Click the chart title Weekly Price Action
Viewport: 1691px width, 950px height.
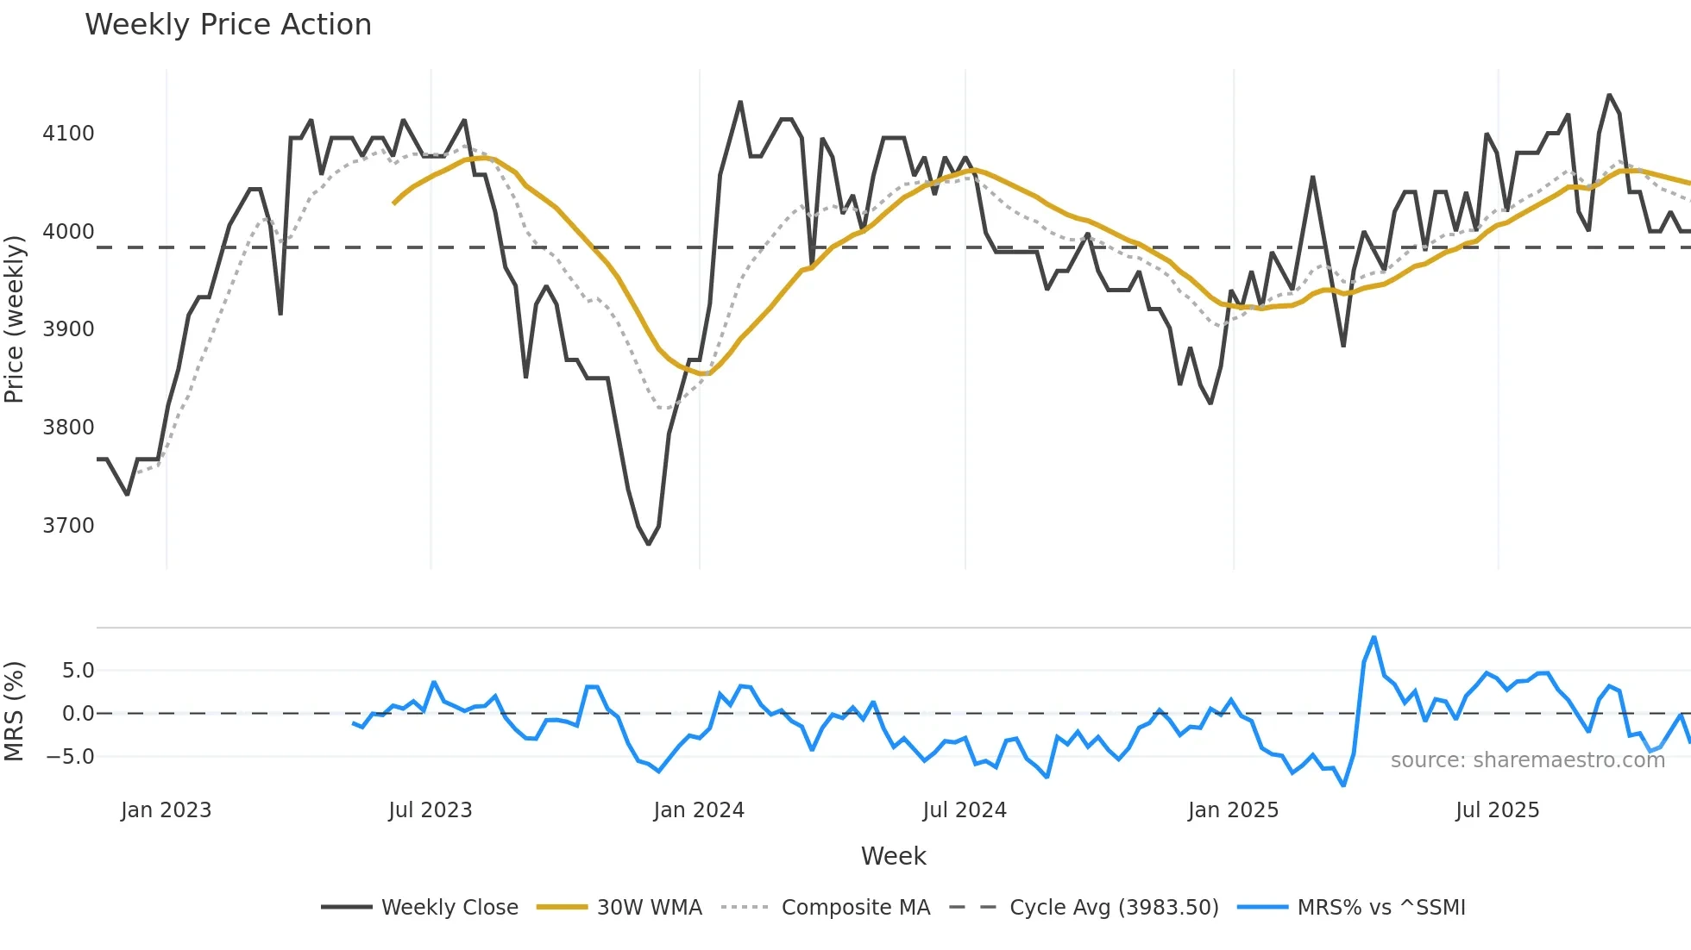(x=228, y=25)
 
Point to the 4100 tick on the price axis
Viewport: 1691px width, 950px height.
(x=68, y=134)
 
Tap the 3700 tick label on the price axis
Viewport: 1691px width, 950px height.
(x=68, y=526)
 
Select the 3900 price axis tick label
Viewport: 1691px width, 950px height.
(x=68, y=329)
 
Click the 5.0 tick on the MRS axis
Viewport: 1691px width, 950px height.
(x=78, y=671)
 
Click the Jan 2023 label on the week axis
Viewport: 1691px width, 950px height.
(x=166, y=810)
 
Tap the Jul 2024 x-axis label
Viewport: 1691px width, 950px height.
(x=964, y=810)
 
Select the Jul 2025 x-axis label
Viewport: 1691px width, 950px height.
(x=1497, y=810)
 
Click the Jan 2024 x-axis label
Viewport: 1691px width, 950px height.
(x=698, y=810)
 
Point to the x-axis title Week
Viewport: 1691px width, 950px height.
(x=893, y=856)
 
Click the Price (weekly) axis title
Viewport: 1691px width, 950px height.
(x=14, y=319)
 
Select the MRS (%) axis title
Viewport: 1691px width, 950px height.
(x=14, y=711)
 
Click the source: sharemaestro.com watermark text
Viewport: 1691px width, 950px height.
(x=1527, y=760)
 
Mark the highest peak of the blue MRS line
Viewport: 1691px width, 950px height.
(x=1374, y=638)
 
